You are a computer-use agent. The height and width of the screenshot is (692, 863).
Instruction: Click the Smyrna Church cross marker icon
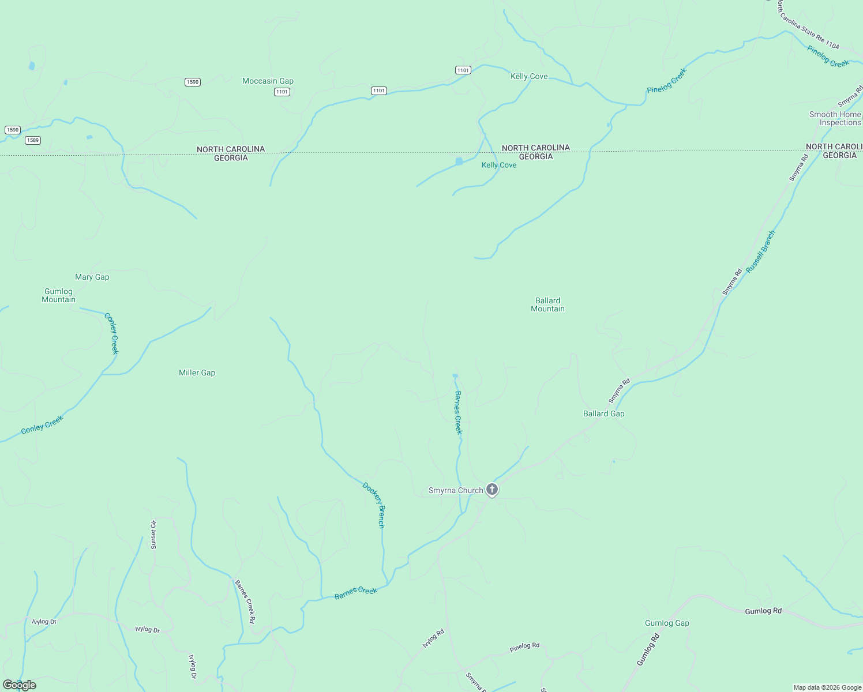point(491,490)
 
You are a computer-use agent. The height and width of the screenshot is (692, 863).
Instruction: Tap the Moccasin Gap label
point(268,81)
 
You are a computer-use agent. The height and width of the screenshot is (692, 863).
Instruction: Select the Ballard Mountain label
point(547,304)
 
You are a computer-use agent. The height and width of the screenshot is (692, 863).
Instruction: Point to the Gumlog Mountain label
point(58,295)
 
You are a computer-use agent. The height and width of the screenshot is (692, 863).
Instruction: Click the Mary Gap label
point(92,277)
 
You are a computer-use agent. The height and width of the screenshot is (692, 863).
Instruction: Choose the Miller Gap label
point(197,373)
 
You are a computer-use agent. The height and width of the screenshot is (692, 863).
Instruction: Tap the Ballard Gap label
point(603,413)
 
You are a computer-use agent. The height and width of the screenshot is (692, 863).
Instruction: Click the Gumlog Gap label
point(667,623)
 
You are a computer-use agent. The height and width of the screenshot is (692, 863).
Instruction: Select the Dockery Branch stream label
point(374,505)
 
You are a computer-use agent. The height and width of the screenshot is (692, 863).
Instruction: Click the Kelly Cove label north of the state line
point(529,76)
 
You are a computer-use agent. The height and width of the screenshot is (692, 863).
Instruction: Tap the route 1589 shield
point(33,140)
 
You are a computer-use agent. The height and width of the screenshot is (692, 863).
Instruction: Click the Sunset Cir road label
point(153,535)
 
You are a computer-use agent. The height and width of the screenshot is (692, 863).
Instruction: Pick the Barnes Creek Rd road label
point(245,601)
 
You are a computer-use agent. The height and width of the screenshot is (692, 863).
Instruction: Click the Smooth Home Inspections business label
point(835,118)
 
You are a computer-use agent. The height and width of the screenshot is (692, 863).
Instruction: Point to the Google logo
point(20,685)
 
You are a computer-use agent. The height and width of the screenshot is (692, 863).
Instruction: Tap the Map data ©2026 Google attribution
point(827,687)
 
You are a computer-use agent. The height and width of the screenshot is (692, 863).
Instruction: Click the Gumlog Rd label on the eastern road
point(763,611)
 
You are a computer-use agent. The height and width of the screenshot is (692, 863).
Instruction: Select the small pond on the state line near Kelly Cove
point(459,161)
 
